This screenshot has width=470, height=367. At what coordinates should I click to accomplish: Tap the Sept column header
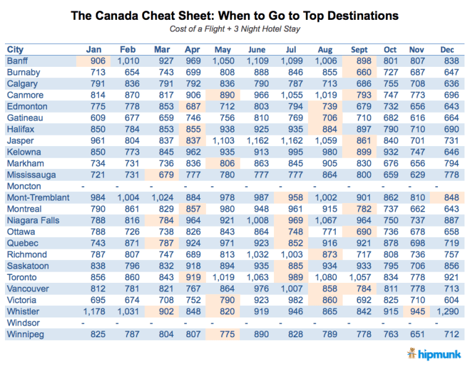tap(359, 50)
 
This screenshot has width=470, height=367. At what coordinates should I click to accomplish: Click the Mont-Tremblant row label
tap(38, 197)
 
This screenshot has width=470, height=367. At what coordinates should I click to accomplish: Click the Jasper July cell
tap(291, 140)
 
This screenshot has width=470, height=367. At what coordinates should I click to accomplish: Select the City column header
tap(15, 50)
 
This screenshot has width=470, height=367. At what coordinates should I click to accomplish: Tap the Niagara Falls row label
tap(33, 220)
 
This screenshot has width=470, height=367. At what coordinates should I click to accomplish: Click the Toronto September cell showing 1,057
tap(359, 277)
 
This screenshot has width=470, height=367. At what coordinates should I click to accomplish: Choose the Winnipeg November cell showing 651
tap(418, 334)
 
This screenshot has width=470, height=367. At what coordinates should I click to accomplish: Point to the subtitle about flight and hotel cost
tap(234, 29)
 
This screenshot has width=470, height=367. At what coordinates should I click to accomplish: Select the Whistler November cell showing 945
tap(418, 311)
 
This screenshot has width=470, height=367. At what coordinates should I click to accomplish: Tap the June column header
tap(256, 50)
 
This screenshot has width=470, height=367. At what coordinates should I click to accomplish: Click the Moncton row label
tap(24, 186)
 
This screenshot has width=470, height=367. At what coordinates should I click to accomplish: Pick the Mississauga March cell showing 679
tap(162, 175)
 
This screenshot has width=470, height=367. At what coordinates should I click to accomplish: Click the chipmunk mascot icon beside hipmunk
tap(412, 353)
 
